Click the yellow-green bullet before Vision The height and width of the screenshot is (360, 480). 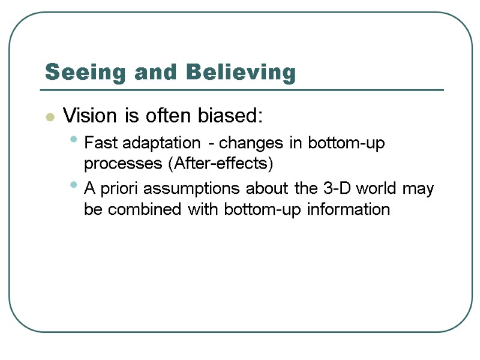pyautogui.click(x=50, y=116)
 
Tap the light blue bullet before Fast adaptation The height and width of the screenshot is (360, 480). pyautogui.click(x=73, y=140)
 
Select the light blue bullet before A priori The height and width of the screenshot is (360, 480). pyautogui.click(x=73, y=185)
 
